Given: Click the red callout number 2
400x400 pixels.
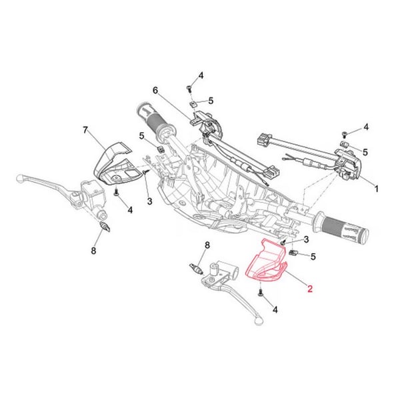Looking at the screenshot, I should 309,289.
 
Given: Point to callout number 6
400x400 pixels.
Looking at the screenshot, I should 155,90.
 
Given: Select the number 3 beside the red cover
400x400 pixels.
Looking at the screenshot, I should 305,239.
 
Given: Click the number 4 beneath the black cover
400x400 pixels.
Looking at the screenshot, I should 130,211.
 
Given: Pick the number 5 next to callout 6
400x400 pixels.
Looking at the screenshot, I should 211,101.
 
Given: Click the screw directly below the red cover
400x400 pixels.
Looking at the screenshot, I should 259,292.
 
